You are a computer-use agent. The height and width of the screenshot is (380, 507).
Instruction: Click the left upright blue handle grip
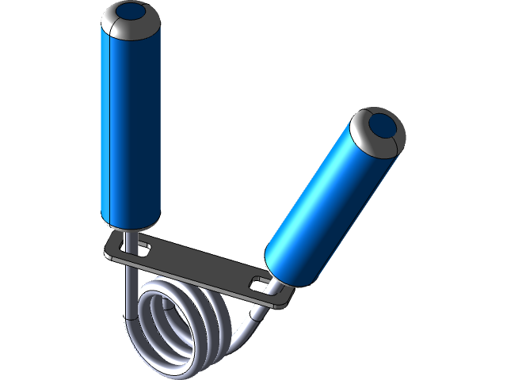click(131, 127)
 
